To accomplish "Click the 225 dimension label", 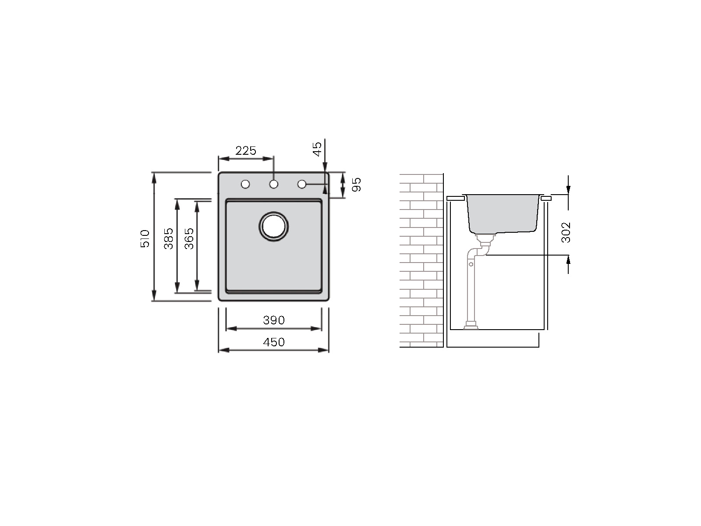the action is [x=246, y=150].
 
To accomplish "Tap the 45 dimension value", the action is [x=317, y=149].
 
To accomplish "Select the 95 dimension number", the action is [x=356, y=185].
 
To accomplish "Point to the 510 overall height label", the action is [x=145, y=238].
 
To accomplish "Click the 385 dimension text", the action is [x=168, y=238].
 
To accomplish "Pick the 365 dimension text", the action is [x=189, y=238].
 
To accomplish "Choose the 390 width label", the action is [x=274, y=320].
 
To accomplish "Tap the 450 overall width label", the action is [x=274, y=342].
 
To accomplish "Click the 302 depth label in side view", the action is [x=566, y=232].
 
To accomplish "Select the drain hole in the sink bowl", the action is [x=274, y=227].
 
